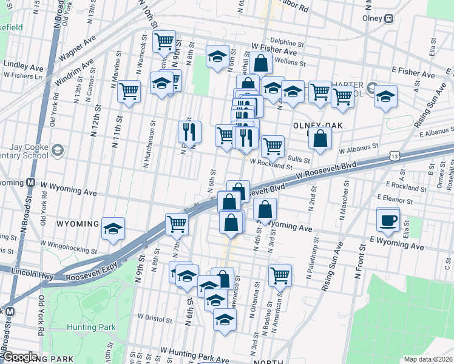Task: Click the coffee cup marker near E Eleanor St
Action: (x=388, y=220)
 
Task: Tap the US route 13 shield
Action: (x=395, y=157)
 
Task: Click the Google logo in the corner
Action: (x=19, y=357)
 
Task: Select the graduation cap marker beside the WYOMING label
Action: (x=113, y=229)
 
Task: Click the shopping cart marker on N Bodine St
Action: (x=280, y=275)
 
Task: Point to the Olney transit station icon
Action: (x=389, y=19)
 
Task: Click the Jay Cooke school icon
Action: (x=57, y=149)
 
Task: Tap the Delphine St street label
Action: (x=286, y=44)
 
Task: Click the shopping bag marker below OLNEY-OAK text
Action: (x=320, y=138)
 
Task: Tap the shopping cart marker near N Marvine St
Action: (x=129, y=92)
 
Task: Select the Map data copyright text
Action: (x=429, y=359)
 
